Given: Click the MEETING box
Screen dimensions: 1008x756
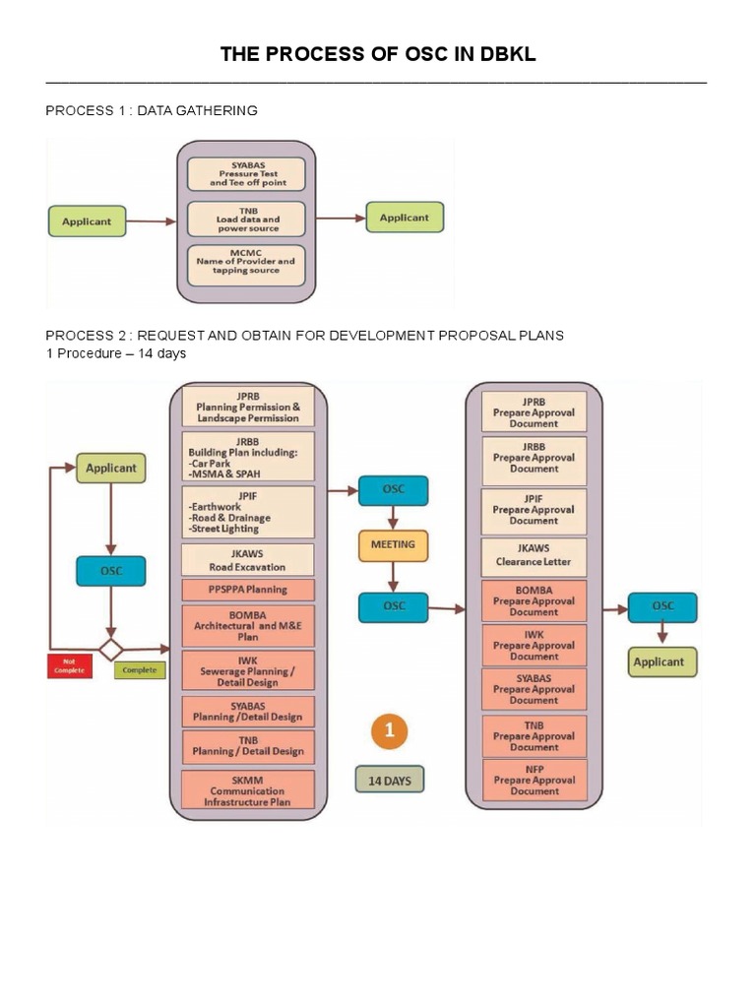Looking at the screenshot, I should (x=393, y=544).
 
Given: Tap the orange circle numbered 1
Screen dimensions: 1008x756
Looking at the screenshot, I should (x=389, y=731).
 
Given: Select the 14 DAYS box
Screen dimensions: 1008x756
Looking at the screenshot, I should (x=389, y=781).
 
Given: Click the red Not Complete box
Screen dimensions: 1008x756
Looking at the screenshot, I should (x=69, y=665).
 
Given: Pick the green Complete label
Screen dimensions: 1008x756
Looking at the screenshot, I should (x=140, y=670).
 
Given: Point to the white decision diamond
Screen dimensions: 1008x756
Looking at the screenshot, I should (x=110, y=650).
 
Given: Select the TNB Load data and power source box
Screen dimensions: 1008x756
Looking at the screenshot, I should (x=246, y=220).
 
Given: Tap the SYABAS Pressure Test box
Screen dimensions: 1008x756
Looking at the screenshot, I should (x=246, y=175).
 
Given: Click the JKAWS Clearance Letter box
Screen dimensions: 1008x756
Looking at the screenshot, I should (x=534, y=557).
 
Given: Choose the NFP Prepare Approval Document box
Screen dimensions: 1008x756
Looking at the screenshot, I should (x=534, y=780).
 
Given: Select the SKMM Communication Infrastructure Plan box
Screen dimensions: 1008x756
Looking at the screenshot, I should (x=247, y=790).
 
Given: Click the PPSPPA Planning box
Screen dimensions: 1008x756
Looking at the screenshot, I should (x=247, y=590).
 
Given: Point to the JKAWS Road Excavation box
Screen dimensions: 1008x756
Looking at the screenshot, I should (x=247, y=560).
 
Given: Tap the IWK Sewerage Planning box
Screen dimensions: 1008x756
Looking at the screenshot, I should (x=247, y=670).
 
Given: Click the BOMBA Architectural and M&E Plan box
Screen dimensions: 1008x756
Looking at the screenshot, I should (x=247, y=624).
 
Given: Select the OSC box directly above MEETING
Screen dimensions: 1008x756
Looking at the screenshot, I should (x=393, y=490).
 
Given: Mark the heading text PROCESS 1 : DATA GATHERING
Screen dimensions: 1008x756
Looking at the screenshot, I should (x=152, y=111).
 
